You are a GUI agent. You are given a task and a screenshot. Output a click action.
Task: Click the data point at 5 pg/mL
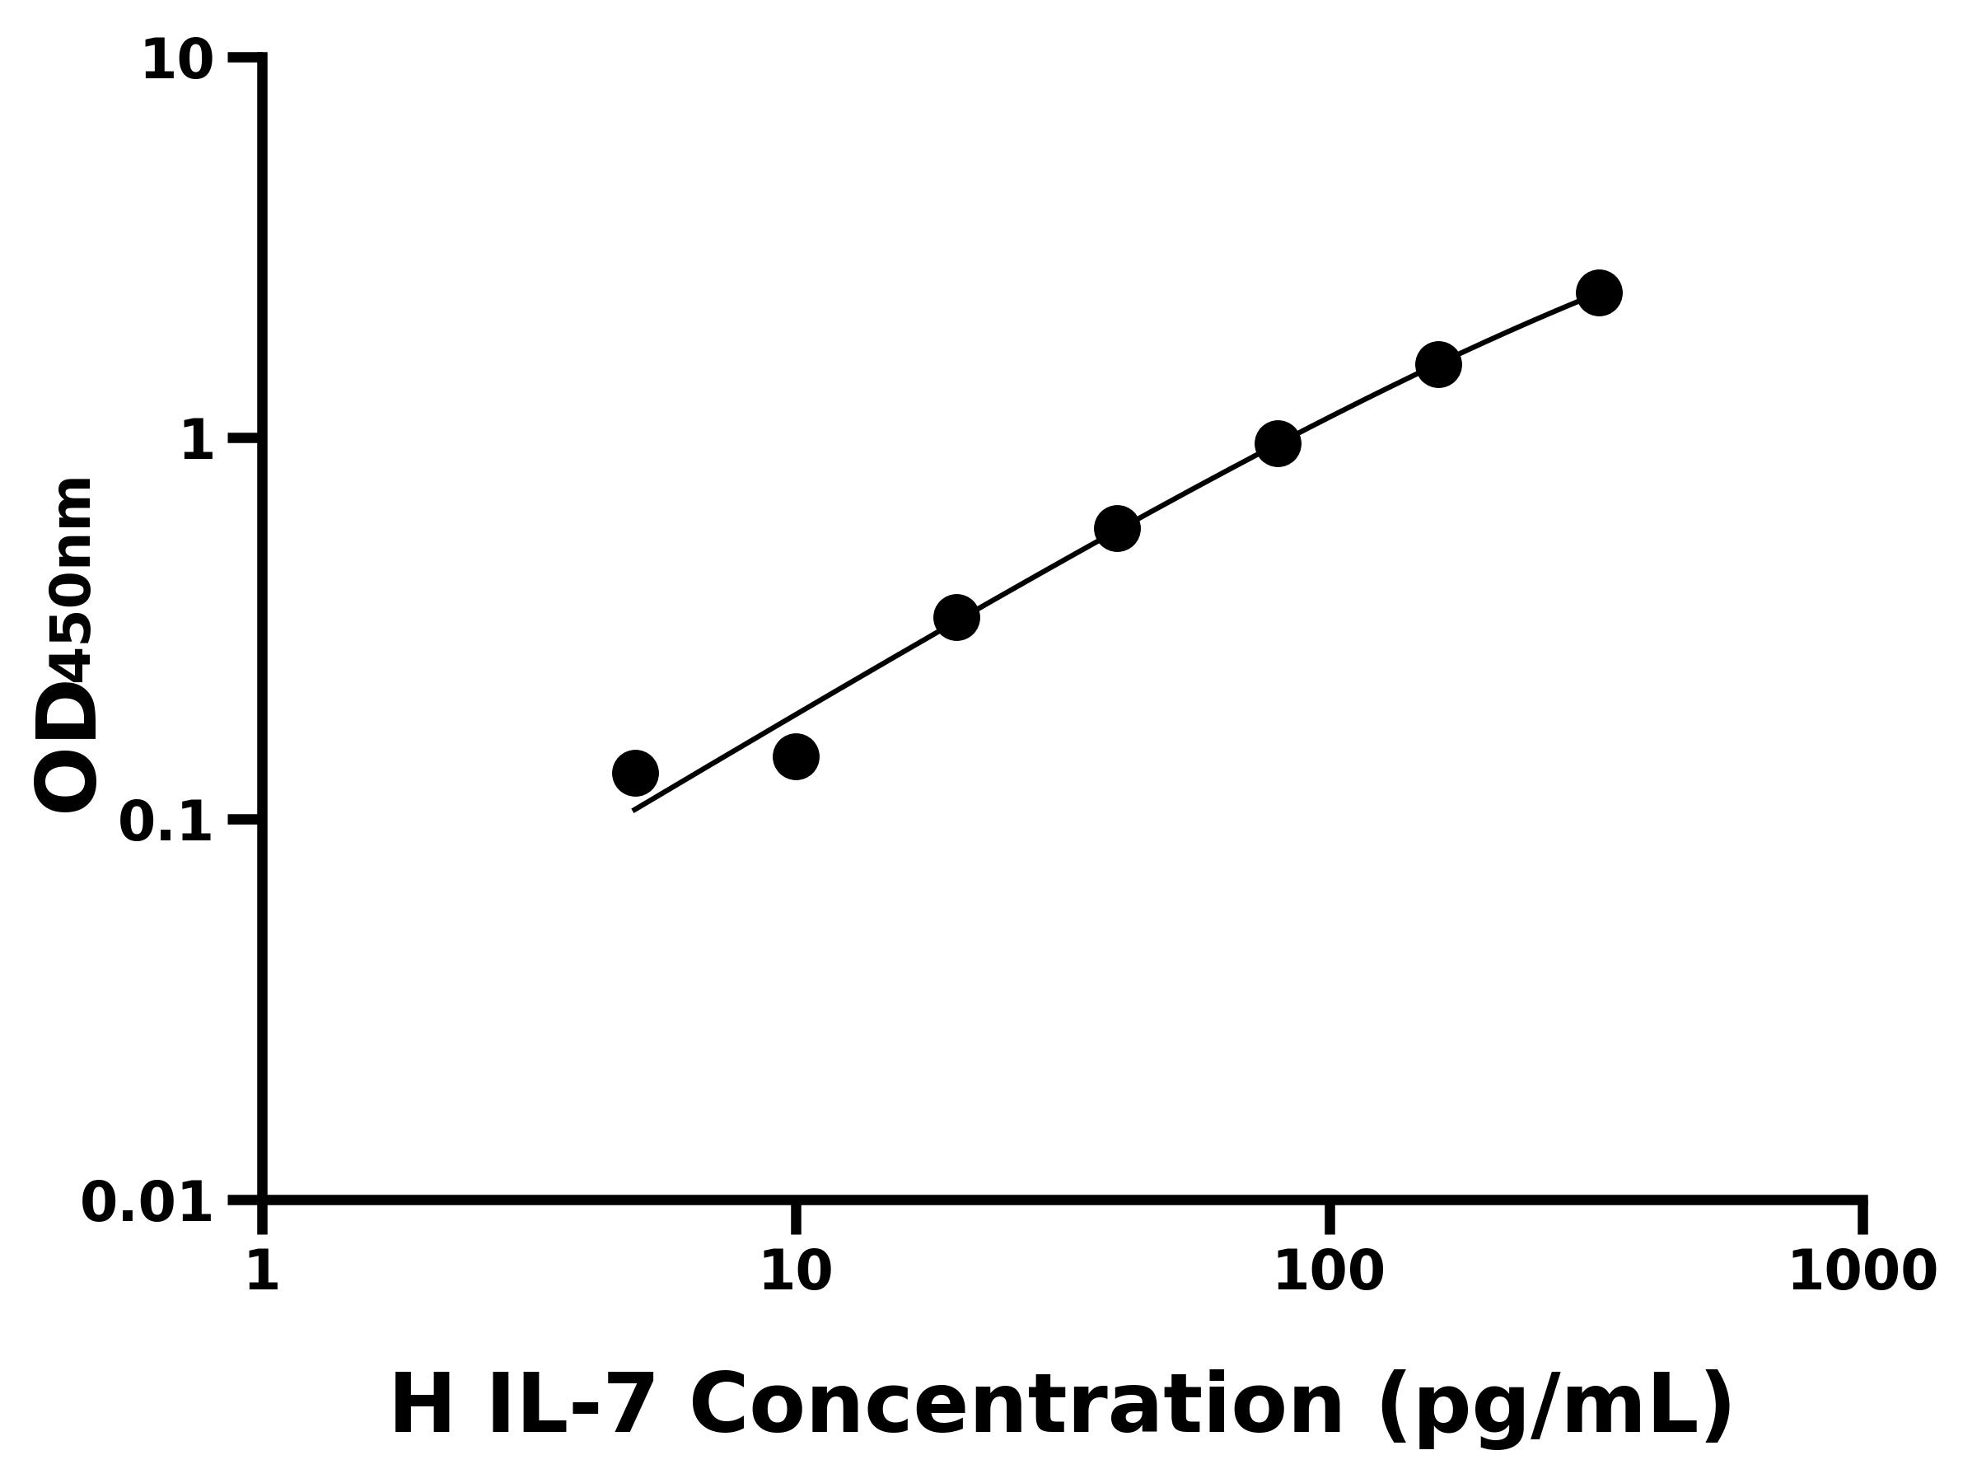click(x=635, y=772)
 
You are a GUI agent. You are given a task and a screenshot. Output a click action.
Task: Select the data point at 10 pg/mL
click(x=796, y=756)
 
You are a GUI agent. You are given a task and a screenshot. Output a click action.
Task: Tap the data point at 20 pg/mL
click(x=956, y=618)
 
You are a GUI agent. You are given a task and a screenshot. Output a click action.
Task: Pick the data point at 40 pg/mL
click(x=1117, y=528)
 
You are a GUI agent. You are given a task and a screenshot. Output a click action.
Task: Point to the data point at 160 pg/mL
click(x=1438, y=364)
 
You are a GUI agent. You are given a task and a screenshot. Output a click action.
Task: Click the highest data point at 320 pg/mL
click(x=1599, y=292)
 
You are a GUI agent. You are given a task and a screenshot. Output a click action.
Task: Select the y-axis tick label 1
click(x=198, y=442)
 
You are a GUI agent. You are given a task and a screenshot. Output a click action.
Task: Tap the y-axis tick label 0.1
click(x=166, y=822)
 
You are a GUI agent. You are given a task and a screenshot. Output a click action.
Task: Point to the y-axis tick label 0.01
click(x=147, y=1203)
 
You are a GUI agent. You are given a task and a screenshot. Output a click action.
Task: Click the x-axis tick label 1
click(x=262, y=1271)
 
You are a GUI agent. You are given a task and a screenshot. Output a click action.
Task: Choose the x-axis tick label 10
click(x=796, y=1271)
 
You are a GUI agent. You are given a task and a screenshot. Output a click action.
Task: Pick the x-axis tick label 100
click(x=1329, y=1271)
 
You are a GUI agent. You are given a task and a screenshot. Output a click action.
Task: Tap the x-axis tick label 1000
click(x=1862, y=1271)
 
